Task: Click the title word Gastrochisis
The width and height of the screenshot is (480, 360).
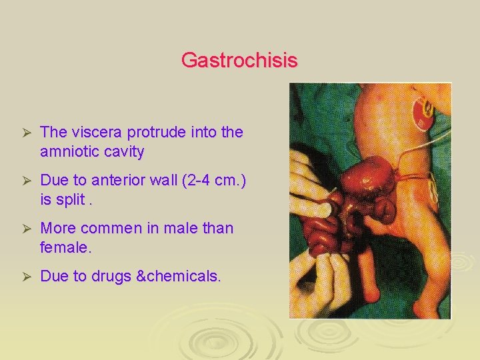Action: [239, 61]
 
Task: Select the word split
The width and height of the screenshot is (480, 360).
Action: [77, 199]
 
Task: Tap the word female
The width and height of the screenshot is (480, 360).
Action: [64, 247]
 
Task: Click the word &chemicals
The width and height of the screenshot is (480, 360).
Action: [178, 277]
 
